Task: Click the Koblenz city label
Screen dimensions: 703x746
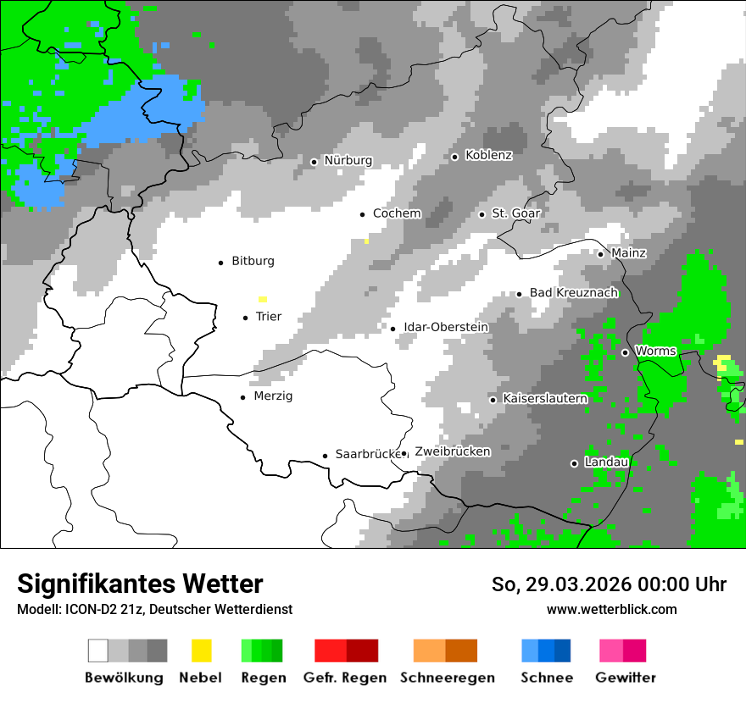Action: (488, 156)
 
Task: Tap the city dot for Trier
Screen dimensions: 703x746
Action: (246, 318)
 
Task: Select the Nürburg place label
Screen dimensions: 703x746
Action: (348, 161)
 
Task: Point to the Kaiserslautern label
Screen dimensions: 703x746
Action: (544, 399)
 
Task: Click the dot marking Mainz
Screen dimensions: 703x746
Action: (600, 254)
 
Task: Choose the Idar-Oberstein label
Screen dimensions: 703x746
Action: (446, 328)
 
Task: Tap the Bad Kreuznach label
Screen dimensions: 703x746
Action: (573, 293)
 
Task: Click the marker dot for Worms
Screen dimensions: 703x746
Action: (625, 352)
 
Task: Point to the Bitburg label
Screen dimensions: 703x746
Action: (253, 262)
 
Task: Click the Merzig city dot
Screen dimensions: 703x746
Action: (243, 397)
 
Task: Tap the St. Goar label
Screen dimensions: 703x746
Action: (515, 214)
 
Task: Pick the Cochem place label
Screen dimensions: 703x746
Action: (397, 214)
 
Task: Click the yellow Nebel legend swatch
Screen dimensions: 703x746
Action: (201, 650)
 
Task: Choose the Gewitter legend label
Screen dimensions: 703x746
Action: (625, 678)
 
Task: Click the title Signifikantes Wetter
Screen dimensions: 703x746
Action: (140, 584)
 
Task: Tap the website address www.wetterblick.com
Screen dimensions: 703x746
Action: (611, 609)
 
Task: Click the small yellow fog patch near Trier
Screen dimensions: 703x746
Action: (263, 299)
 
